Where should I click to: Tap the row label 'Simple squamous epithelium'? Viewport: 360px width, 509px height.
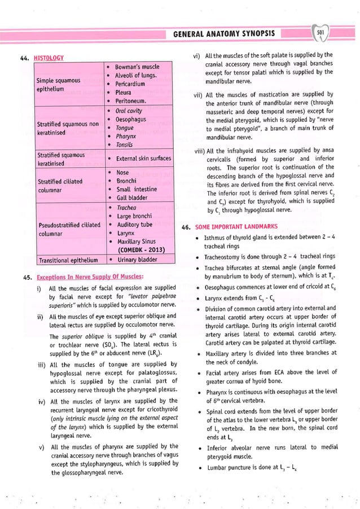(x=58, y=84)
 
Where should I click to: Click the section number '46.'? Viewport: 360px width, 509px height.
(x=186, y=227)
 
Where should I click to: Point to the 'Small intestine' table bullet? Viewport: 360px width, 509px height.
(x=138, y=190)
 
